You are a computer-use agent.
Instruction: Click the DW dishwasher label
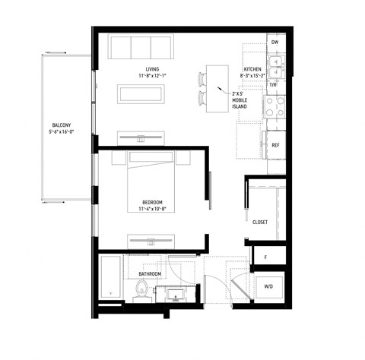[275, 43]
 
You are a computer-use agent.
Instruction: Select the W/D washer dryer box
[268, 286]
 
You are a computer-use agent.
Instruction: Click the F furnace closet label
[265, 257]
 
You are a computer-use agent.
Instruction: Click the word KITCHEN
[252, 70]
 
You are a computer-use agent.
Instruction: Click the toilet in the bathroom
[141, 289]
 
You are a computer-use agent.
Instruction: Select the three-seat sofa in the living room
[139, 47]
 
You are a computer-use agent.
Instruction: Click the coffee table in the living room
[141, 93]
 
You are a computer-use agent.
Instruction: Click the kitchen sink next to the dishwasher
[275, 65]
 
